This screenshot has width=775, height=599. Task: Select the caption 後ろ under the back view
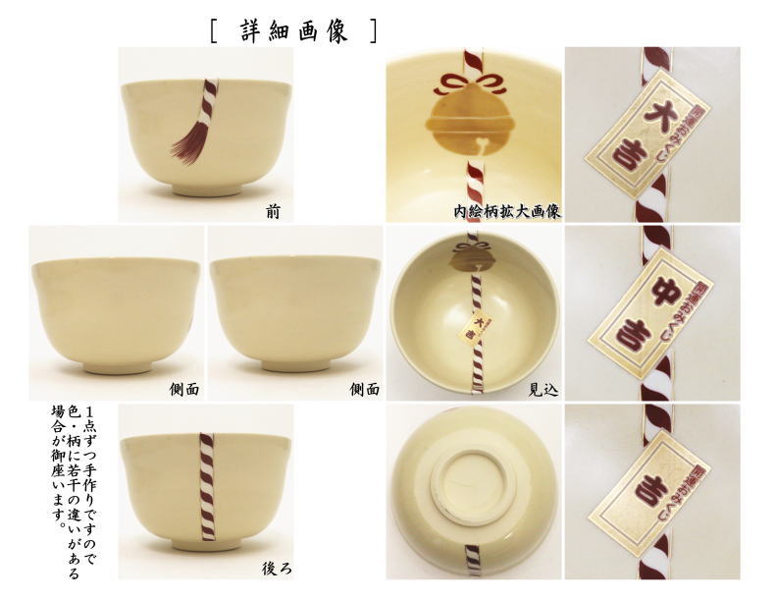(274, 568)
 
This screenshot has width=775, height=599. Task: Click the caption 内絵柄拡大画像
(506, 210)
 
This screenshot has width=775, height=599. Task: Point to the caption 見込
(542, 389)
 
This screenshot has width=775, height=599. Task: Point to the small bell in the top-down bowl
(472, 259)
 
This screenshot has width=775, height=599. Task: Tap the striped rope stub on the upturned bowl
(472, 560)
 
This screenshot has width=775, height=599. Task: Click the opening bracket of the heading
(214, 30)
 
